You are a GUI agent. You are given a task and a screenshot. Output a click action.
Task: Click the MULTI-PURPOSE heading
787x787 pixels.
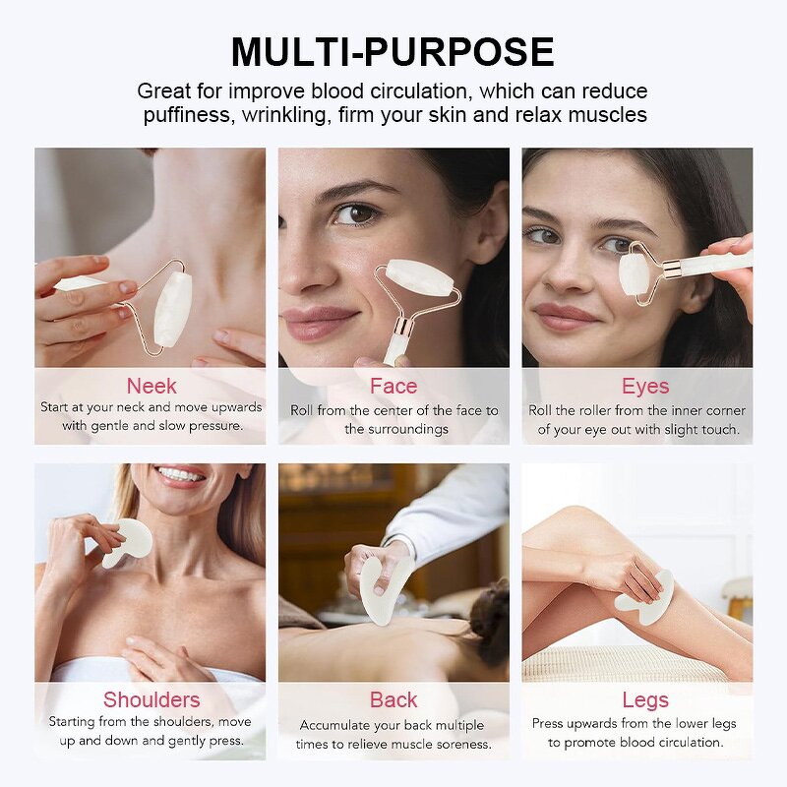pyautogui.click(x=393, y=51)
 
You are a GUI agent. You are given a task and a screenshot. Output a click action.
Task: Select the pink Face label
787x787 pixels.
pyautogui.click(x=393, y=386)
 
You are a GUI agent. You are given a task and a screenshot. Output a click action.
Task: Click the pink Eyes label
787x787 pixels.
pyautogui.click(x=644, y=386)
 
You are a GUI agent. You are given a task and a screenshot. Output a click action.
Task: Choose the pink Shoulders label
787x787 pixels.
pyautogui.click(x=151, y=699)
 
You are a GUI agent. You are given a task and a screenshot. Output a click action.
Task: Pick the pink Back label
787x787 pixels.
pyautogui.click(x=393, y=699)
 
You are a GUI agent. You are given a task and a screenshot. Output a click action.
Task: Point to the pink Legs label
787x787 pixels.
pyautogui.click(x=644, y=699)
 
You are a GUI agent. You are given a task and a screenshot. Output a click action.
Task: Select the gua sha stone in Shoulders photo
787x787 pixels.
pyautogui.click(x=128, y=542)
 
